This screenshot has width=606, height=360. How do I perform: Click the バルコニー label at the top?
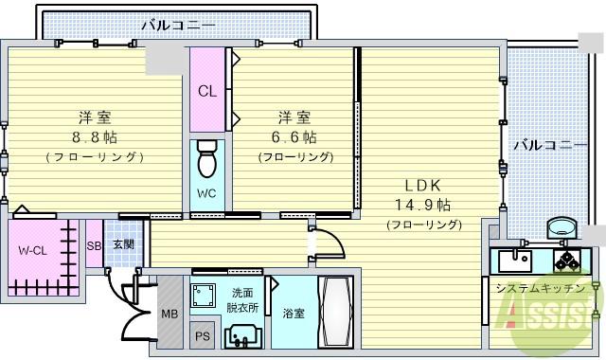177,25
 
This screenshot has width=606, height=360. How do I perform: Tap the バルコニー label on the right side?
549,146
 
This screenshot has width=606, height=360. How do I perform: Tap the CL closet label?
206,92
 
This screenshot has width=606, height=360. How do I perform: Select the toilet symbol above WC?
206,160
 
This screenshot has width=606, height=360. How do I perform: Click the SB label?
93,245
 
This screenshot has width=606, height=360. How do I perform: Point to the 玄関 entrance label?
123,244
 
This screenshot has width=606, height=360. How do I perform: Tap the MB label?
169,315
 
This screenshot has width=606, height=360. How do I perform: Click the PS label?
202,335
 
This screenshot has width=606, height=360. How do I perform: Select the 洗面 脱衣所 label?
242,301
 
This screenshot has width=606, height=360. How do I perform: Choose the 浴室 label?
293,314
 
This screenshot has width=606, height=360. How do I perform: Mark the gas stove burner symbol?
571,259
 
